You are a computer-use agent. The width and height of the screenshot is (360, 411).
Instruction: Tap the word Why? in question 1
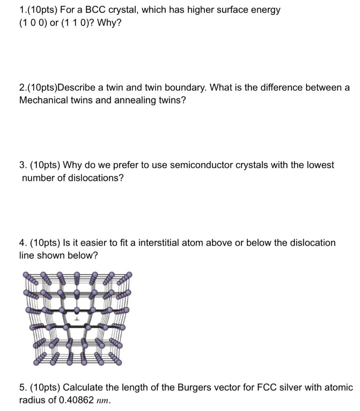[109, 23]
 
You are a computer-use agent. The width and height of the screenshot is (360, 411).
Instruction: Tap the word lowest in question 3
[320, 165]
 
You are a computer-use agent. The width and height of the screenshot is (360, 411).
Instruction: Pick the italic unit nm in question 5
[103, 401]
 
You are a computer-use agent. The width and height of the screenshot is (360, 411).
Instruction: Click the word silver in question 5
[292, 387]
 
